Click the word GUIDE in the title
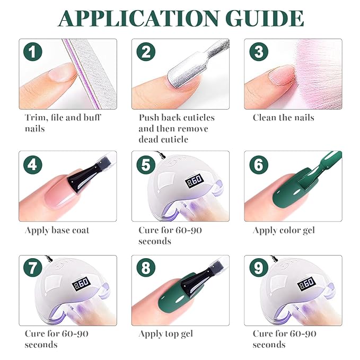tap(266, 18)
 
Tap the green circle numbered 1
tap(33, 51)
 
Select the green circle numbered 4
tap(33, 164)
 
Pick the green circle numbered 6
tap(259, 164)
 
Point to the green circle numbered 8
tap(146, 267)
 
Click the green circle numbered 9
tap(259, 267)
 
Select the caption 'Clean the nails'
tap(284, 118)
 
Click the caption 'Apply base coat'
tap(57, 231)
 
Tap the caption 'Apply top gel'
tap(166, 334)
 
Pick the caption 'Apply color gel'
tap(284, 231)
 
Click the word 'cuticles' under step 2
tap(196, 118)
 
